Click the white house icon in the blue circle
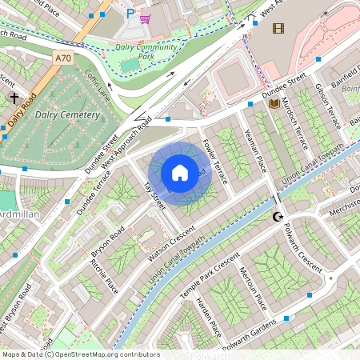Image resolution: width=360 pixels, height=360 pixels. point(180,173)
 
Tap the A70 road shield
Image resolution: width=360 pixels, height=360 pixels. point(64,58)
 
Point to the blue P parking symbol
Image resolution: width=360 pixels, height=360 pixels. point(130,14)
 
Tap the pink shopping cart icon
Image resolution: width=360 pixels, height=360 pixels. point(146,18)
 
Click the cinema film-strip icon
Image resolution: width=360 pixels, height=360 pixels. point(278,29)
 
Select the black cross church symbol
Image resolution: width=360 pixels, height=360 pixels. point(14,98)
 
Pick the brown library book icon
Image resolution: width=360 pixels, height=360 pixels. point(274,103)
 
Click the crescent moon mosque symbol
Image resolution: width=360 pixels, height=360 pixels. point(278,217)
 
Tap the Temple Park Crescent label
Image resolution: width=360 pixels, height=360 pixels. point(210,276)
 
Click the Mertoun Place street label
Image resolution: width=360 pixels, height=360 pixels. point(251,289)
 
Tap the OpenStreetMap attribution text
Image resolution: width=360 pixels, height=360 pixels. point(80,354)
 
